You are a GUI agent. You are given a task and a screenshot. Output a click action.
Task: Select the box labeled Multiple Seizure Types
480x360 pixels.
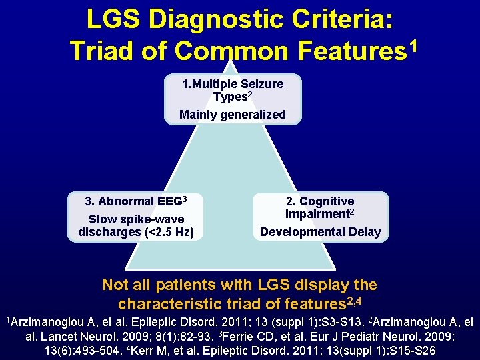point(233,99)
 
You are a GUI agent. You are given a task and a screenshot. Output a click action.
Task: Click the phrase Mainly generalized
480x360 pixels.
point(233,115)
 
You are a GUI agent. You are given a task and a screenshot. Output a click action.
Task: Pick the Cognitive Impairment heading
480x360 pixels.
point(320,207)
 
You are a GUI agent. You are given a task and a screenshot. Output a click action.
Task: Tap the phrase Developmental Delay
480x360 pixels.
point(320,232)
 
